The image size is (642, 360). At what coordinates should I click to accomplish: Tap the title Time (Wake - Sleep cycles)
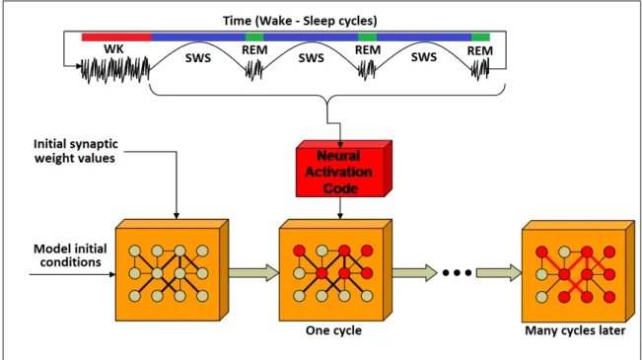coord(300,21)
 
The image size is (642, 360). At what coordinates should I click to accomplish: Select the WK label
coord(113,49)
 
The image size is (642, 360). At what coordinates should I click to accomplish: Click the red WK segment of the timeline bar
coord(116,37)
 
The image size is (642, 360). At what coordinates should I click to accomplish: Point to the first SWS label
coord(198,58)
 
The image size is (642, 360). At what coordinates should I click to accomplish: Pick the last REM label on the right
coord(480,50)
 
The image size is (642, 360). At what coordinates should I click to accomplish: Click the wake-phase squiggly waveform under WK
coord(115,70)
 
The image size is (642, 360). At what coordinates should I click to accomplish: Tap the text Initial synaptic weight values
coord(75,151)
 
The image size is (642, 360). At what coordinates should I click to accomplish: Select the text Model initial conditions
coord(70,255)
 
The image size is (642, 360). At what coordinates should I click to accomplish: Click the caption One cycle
coord(333,330)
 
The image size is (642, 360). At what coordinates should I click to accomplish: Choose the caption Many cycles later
coord(575,330)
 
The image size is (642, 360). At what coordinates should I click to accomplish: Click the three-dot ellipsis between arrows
coord(457,273)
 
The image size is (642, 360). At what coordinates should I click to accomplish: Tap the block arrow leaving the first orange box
coord(253,273)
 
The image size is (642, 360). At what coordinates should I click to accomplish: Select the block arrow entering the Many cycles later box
coord(499,273)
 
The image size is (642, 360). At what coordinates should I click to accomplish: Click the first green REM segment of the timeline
coord(254,37)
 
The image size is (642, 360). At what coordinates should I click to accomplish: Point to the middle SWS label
coord(312,58)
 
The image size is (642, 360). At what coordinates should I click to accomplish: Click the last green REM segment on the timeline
coord(480,37)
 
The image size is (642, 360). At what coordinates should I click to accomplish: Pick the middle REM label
coord(368,50)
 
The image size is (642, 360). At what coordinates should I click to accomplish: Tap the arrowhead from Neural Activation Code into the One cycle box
coord(340,216)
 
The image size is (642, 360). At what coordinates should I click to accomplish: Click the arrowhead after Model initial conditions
coord(112,274)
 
